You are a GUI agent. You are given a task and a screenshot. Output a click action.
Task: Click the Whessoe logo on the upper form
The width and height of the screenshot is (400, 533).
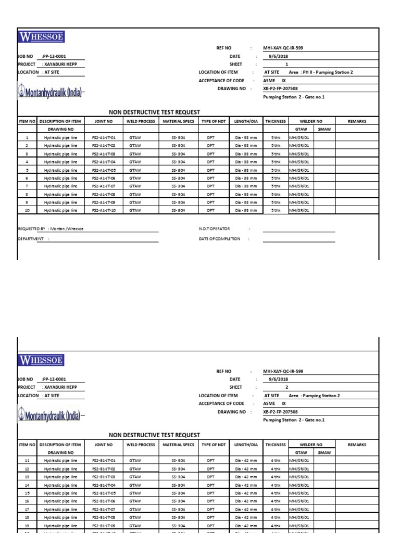41,37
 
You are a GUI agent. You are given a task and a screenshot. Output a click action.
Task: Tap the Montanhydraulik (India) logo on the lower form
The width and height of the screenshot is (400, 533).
51,415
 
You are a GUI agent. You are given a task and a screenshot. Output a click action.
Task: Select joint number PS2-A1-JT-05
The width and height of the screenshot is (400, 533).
104,170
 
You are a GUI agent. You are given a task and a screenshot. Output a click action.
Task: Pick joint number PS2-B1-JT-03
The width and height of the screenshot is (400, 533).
104,476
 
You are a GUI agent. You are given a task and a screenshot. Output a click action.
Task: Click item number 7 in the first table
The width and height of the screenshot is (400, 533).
27,186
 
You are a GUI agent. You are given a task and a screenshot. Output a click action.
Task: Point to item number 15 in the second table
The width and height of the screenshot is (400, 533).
27,492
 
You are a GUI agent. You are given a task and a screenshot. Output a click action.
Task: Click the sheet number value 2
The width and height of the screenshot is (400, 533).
286,387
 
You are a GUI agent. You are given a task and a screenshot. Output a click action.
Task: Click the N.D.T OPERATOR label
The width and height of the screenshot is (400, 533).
214,229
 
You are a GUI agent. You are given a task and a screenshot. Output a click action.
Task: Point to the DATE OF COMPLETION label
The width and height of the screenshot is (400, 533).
219,239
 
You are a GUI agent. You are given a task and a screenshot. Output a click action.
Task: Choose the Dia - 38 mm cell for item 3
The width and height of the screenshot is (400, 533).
246,154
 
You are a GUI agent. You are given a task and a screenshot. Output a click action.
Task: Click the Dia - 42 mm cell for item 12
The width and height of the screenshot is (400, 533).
246,468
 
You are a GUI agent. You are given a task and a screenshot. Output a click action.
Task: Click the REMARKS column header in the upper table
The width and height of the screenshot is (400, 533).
357,121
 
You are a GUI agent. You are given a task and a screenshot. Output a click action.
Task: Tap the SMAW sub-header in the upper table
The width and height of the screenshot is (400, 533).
324,129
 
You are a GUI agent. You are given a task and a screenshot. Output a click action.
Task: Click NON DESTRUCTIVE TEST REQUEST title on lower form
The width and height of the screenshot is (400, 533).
154,435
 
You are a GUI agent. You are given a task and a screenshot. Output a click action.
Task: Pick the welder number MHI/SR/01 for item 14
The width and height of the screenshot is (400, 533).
299,485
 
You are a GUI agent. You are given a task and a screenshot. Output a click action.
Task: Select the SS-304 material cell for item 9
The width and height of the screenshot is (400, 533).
178,202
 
